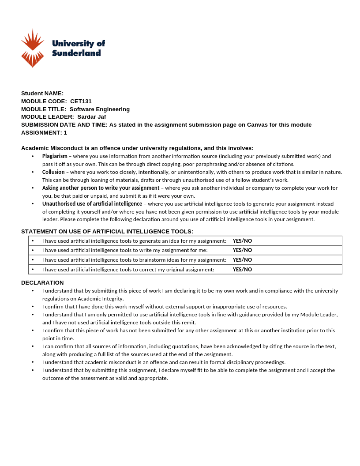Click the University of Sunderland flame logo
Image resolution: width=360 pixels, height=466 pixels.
33,48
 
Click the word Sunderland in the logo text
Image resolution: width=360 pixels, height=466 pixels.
76,53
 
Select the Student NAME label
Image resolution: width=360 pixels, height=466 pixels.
42,94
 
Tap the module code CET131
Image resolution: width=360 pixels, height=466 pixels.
81,101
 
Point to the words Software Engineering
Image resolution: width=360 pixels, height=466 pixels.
100,109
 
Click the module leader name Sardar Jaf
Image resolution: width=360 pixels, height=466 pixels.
92,117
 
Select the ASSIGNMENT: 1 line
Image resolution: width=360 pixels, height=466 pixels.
44,133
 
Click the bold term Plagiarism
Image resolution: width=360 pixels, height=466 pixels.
55,156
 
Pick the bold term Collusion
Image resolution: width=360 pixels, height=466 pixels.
53,172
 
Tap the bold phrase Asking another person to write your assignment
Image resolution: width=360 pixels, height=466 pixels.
101,188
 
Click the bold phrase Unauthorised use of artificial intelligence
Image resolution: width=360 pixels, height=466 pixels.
92,204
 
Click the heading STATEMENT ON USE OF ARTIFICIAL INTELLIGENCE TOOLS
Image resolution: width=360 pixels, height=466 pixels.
107,232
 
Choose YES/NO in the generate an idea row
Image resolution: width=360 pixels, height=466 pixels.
242,241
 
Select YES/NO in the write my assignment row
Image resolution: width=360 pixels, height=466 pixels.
242,250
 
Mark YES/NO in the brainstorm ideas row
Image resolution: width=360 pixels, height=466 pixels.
242,260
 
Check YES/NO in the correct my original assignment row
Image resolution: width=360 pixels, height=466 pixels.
242,270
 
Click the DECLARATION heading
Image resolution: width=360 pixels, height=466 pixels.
42,283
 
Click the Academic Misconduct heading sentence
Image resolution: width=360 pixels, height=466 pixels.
137,148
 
